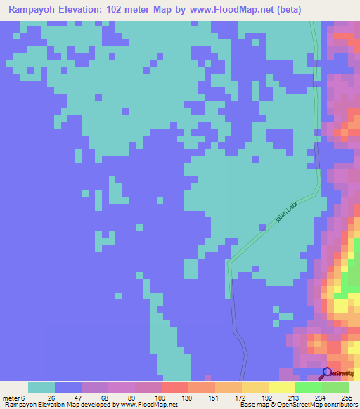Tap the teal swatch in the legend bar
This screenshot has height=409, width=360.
[41, 387]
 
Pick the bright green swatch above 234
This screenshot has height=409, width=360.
[309, 387]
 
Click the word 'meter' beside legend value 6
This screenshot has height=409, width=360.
[12, 397]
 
